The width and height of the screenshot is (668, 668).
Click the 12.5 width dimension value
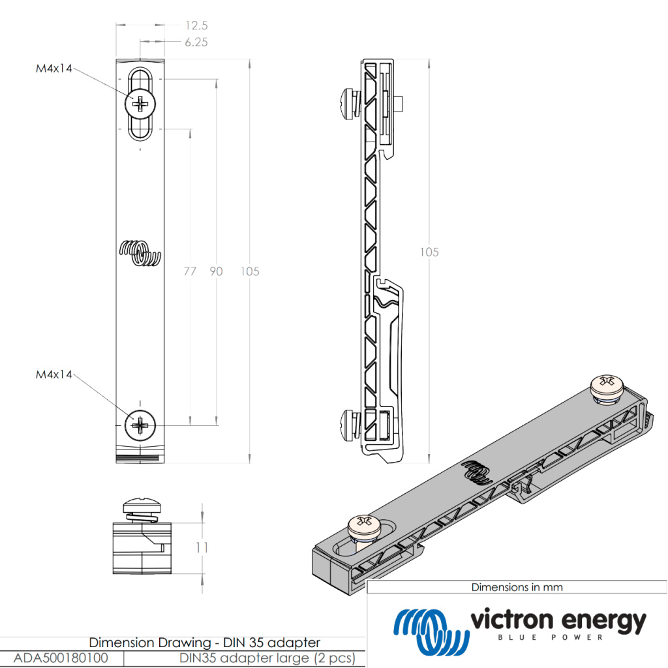coord(196,25)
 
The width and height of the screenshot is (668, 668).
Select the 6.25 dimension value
coord(196,42)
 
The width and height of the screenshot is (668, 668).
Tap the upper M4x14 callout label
coord(54,67)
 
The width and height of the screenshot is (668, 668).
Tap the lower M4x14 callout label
coord(54,374)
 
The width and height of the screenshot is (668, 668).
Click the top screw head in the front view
coord(141,103)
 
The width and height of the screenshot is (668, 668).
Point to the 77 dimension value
coord(189,271)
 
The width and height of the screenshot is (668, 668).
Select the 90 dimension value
coord(215,271)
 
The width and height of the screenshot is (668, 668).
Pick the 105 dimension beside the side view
coord(429,252)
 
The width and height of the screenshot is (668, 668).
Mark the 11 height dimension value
coord(202,548)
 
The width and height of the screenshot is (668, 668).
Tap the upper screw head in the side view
coord(349,102)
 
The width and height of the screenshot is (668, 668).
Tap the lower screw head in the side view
coord(349,424)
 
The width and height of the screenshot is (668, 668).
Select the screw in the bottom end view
coord(141,508)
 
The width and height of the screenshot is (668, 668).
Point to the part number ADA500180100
coord(61,658)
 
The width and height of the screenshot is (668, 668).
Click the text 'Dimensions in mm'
coord(517,587)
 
